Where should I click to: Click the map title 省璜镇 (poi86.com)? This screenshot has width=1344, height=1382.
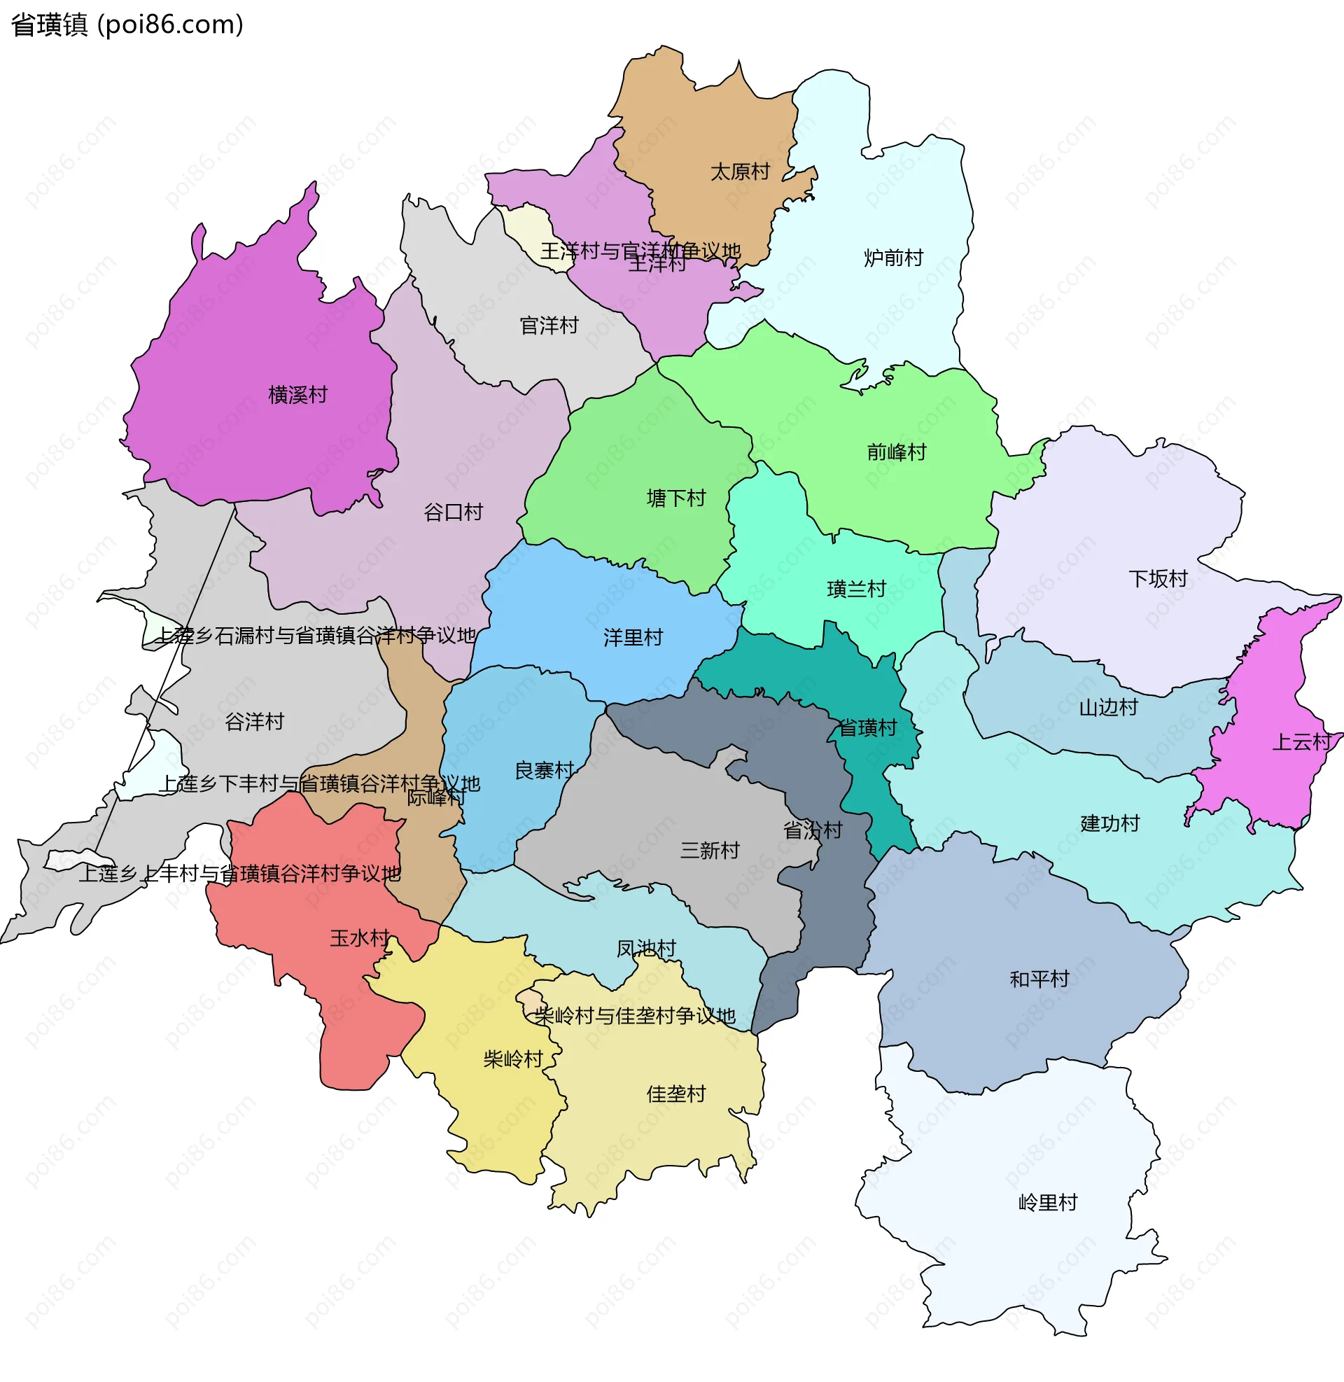[127, 25]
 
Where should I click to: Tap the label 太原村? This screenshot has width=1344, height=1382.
[740, 172]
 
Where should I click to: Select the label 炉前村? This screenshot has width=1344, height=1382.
[894, 258]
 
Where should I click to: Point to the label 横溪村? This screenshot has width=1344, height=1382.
[298, 396]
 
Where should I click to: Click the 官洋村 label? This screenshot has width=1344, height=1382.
[549, 326]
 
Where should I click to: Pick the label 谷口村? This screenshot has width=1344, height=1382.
[453, 512]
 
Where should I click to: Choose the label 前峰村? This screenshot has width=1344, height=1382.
[897, 452]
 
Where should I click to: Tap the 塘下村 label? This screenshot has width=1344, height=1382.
[676, 499]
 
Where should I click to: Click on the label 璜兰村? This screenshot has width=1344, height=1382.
[856, 589]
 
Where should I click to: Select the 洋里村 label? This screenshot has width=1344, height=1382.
[633, 638]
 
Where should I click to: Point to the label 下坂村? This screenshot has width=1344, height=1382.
[1158, 580]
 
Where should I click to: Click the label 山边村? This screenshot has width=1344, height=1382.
[1108, 708]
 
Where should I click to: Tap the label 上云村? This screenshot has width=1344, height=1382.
[1301, 743]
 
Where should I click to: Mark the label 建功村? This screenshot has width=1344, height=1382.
[1109, 824]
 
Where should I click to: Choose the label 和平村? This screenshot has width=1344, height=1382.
[1039, 979]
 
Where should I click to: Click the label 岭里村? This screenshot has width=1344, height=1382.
[1047, 1203]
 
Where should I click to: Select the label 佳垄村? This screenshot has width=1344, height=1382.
[676, 1095]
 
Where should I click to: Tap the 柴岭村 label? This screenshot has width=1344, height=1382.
[513, 1059]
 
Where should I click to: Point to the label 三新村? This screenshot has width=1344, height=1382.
[709, 851]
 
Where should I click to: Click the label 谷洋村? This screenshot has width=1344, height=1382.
[254, 722]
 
